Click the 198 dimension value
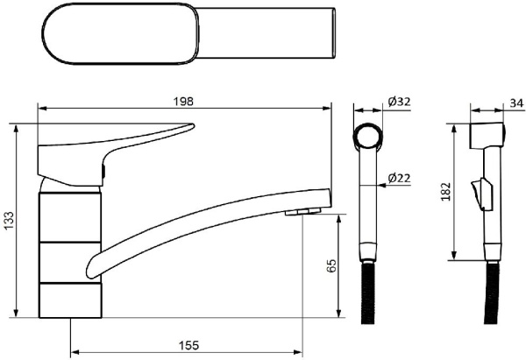(183, 102)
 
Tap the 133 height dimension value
(9, 221)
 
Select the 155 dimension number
(188, 345)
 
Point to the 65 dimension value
(331, 265)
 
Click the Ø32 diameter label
(399, 102)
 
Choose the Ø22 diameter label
(399, 178)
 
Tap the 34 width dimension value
(516, 103)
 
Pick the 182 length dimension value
(446, 192)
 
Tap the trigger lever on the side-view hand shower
(480, 194)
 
